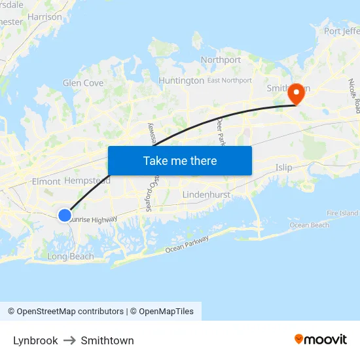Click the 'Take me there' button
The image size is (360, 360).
pos(180,160)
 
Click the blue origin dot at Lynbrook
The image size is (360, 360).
pos(64,215)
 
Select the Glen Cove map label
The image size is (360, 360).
pos(83,83)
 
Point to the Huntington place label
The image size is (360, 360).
pos(181,81)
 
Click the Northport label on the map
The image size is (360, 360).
pos(221,60)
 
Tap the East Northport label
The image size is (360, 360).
pos(229,81)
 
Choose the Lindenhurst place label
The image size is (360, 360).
pos(206,195)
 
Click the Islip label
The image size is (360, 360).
pos(284,168)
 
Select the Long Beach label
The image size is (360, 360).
pos(71,257)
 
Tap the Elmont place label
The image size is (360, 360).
pos(46,181)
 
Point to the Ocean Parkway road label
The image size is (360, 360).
pos(187,245)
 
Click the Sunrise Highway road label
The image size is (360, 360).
pos(94,221)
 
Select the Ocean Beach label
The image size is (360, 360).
pos(309,225)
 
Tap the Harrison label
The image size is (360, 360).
pos(45,17)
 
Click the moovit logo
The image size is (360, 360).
pos(321,339)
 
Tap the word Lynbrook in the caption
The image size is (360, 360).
pos(35,340)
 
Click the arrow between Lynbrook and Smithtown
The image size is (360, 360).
pos(69,340)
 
